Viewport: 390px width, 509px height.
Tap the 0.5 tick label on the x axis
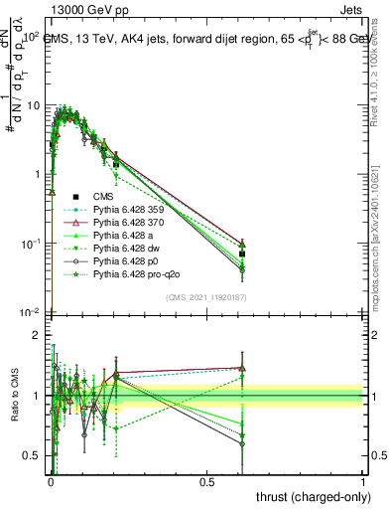pyautogui.click(x=207, y=481)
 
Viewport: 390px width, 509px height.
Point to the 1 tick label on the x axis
pyautogui.click(x=363, y=481)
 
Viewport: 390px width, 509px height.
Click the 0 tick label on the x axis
pyautogui.click(x=51, y=481)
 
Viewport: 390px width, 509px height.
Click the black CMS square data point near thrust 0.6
pyautogui.click(x=242, y=254)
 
